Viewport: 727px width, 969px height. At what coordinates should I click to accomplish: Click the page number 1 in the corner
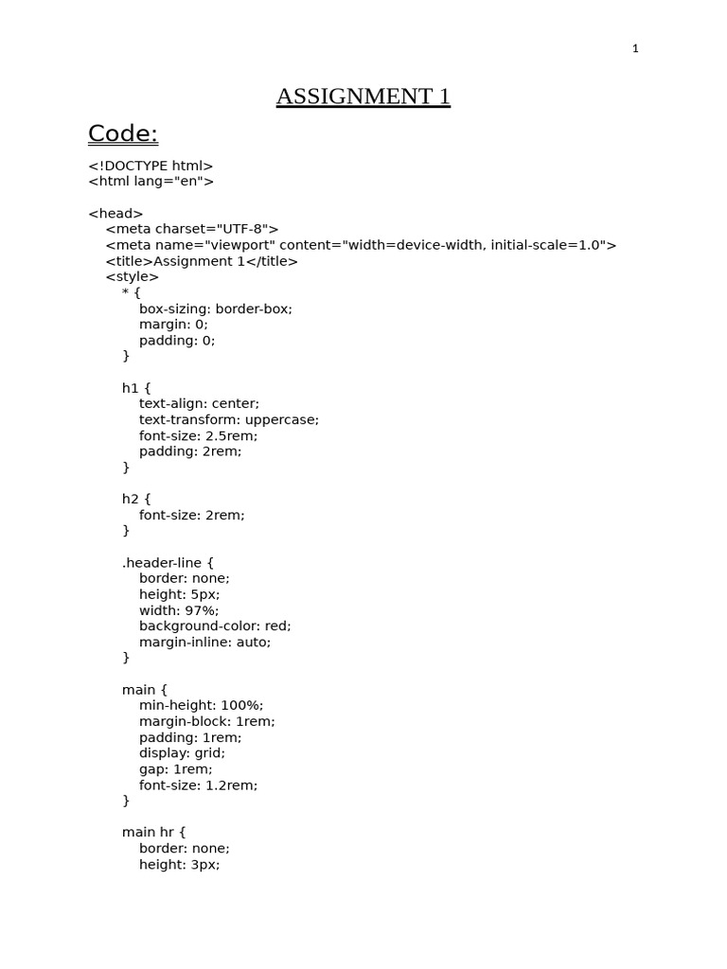tap(636, 49)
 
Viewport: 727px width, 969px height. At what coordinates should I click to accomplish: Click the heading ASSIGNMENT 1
tap(363, 97)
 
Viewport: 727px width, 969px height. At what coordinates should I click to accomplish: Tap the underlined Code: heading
tap(123, 134)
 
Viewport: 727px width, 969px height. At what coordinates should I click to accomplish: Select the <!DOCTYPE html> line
tap(151, 166)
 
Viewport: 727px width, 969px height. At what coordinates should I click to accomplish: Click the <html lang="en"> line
tap(151, 182)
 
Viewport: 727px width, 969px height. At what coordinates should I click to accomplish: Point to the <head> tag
tap(115, 214)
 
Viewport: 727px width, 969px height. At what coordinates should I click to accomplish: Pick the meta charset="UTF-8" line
tap(192, 229)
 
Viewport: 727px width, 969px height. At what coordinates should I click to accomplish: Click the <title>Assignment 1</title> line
tap(202, 261)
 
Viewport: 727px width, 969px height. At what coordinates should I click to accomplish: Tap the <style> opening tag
tap(133, 277)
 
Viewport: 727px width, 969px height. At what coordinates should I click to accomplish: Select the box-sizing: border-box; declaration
tap(216, 308)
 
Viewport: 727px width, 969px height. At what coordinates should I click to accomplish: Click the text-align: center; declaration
tap(199, 404)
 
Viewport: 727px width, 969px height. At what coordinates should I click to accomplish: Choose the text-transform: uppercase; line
tap(229, 420)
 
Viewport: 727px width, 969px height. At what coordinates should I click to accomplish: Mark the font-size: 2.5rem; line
tap(198, 436)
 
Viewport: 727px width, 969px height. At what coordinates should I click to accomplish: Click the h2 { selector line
tap(136, 499)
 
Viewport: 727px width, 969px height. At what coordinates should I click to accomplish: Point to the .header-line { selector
tap(168, 563)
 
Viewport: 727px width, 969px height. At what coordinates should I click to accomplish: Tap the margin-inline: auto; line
tap(204, 643)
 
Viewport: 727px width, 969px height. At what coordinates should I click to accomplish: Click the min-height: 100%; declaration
tap(201, 706)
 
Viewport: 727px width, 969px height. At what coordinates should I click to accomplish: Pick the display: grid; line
tap(182, 753)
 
